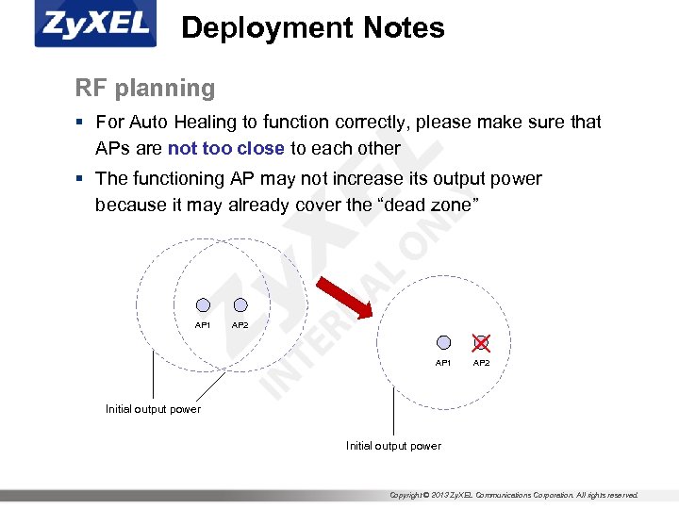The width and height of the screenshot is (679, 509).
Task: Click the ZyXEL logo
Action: tap(95, 25)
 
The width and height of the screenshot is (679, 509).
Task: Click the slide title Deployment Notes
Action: tap(312, 28)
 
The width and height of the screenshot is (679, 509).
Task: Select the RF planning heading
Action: tap(145, 89)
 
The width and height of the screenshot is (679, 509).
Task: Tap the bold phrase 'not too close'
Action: tap(225, 148)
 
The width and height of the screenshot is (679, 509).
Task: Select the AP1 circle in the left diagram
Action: tap(203, 305)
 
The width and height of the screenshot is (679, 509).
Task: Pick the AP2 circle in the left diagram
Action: tap(240, 305)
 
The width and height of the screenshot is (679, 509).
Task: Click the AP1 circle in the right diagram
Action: tap(443, 343)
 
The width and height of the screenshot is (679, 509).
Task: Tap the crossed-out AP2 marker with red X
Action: tap(481, 343)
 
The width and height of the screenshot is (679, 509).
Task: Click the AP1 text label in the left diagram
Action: tap(203, 325)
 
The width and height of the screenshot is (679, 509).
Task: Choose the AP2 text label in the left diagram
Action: tap(240, 325)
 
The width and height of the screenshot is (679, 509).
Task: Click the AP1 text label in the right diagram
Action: tap(443, 363)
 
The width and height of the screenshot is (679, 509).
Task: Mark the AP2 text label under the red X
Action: tap(481, 363)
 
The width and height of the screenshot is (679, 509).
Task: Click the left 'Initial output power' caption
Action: tap(153, 409)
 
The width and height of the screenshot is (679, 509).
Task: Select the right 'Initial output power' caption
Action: tap(393, 446)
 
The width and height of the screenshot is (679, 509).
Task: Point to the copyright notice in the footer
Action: tap(514, 495)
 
